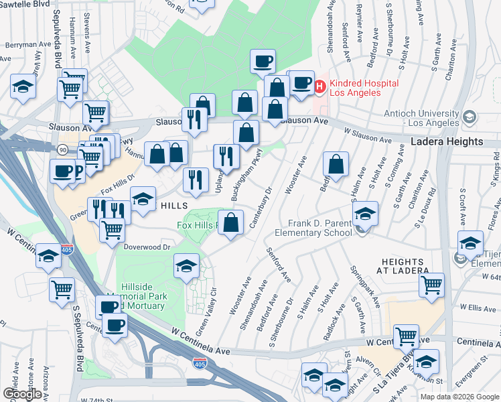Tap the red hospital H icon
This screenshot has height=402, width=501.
[x=319, y=86]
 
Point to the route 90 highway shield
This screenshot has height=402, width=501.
[x=62, y=149]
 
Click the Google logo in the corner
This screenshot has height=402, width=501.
[x=22, y=394]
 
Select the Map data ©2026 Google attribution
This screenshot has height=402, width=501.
[x=459, y=397]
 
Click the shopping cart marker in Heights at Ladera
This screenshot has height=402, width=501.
[x=431, y=284]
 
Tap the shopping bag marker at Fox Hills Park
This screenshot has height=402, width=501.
[x=231, y=224]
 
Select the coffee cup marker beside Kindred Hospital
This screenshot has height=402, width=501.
[x=302, y=82]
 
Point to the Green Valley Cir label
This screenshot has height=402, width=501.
[x=206, y=313]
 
